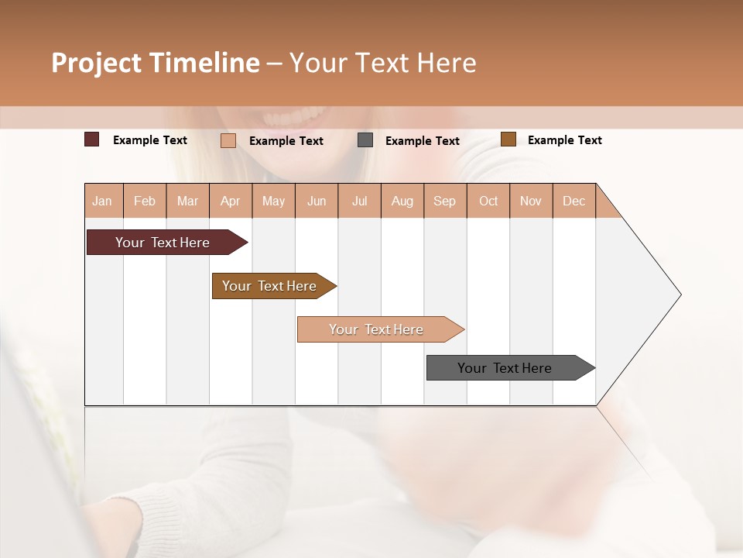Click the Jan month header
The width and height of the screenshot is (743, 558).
click(103, 201)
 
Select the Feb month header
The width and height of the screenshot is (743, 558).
click(145, 201)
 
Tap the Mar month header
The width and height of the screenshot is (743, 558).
click(187, 201)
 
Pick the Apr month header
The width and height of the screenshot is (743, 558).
click(231, 201)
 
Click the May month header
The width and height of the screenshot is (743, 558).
click(273, 201)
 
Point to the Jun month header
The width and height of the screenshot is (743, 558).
click(317, 201)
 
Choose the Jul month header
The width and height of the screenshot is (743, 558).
click(359, 201)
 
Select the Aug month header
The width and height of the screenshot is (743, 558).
click(402, 201)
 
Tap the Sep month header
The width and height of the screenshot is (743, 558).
click(445, 201)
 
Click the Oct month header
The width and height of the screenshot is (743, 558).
click(488, 201)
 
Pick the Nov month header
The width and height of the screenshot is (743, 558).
click(531, 201)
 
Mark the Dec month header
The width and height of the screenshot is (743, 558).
click(574, 201)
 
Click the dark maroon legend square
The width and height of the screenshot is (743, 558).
click(92, 139)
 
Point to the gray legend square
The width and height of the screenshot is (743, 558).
click(365, 140)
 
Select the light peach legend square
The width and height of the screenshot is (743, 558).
click(228, 140)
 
